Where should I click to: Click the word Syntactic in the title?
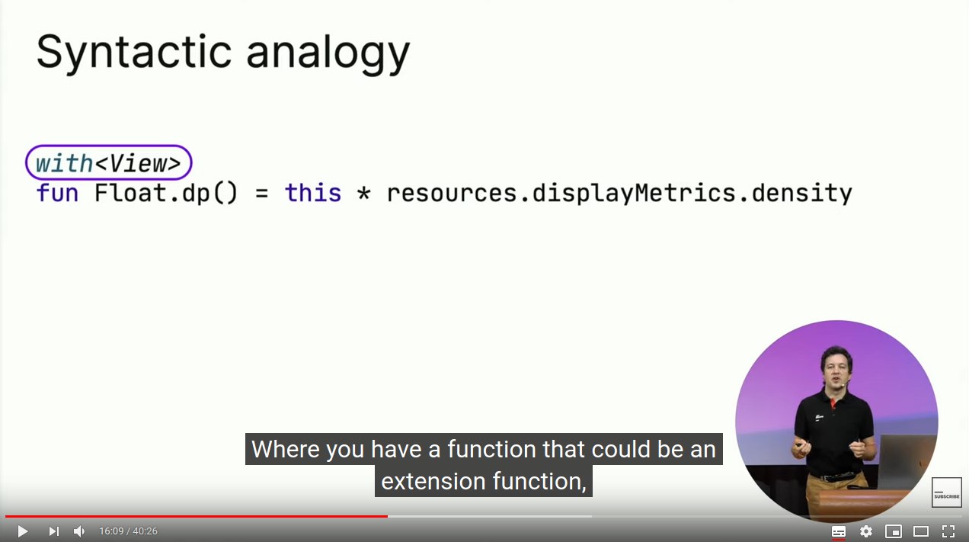tap(134, 53)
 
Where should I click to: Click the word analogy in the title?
tap(328, 53)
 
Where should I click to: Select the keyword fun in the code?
tap(58, 193)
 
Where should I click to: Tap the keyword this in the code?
tap(313, 193)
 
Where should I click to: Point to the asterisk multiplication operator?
tap(364, 194)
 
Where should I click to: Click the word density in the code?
tap(801, 194)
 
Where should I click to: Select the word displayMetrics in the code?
tap(634, 194)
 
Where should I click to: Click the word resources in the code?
tap(452, 194)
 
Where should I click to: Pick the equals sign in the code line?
tap(262, 194)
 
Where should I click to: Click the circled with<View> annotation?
tap(109, 163)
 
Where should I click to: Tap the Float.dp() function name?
tap(166, 193)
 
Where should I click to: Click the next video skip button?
tap(53, 531)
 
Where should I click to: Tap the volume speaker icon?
tap(78, 531)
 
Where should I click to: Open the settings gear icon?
tap(865, 531)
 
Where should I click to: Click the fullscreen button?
tap(948, 531)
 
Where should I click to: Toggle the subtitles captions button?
tap(839, 531)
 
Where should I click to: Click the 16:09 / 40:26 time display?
tap(128, 531)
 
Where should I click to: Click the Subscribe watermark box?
tap(946, 492)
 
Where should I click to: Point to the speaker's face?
tap(836, 370)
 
